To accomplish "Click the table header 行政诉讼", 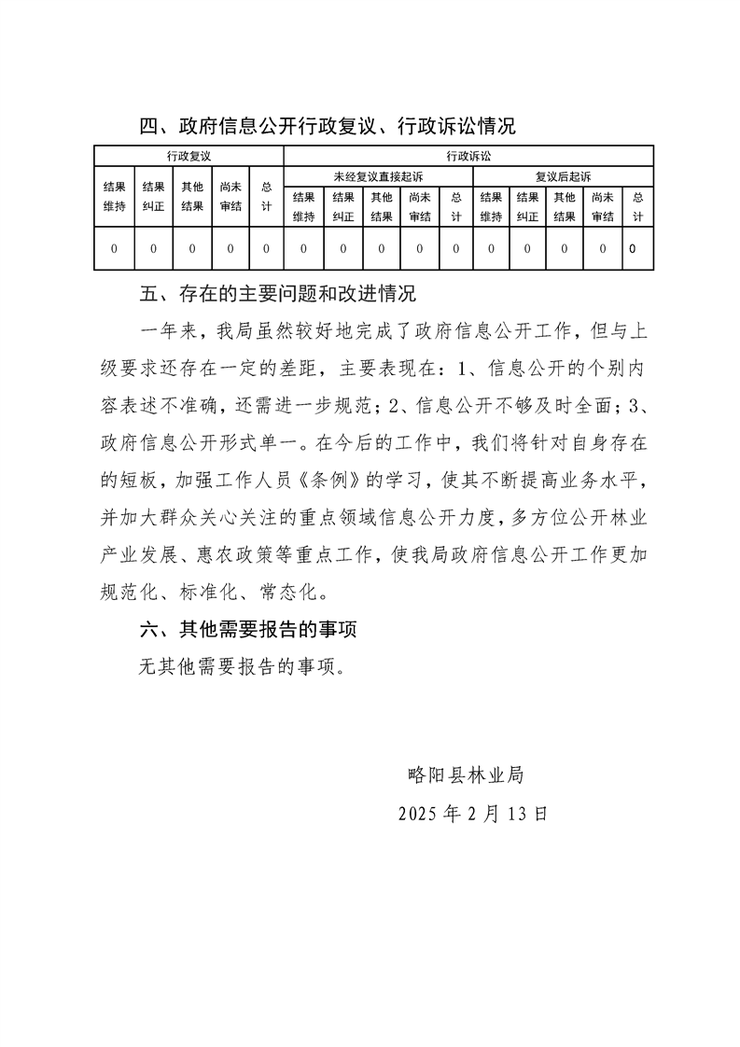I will tap(468, 156).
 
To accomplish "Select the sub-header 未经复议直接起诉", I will tap(377, 175).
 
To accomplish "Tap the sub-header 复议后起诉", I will tap(563, 175).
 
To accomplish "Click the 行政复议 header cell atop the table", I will tap(188, 156).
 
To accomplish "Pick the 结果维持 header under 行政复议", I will tap(114, 197).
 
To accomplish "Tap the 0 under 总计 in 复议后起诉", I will tap(634, 249).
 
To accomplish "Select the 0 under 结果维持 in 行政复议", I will tap(114, 249).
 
